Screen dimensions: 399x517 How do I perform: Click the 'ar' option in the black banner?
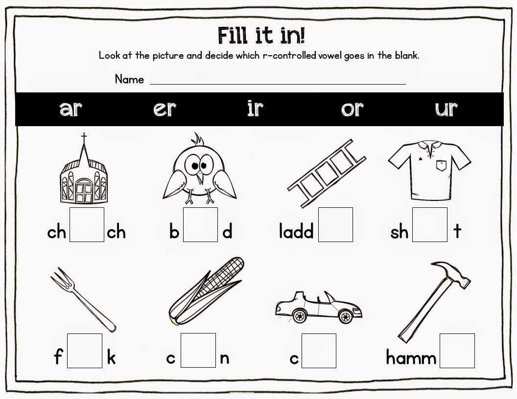click(x=70, y=109)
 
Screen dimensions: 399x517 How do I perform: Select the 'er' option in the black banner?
click(x=164, y=109)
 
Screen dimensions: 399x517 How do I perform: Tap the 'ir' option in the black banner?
click(x=255, y=108)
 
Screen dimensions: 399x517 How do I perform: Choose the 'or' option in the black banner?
click(x=352, y=109)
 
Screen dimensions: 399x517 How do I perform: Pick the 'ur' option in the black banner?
click(x=446, y=109)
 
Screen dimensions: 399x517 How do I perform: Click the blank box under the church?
click(x=87, y=225)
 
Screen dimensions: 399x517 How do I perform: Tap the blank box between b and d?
click(x=200, y=225)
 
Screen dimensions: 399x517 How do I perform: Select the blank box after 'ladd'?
click(x=335, y=225)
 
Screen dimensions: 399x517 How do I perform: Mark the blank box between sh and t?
click(x=429, y=225)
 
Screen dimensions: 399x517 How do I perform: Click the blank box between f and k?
click(x=85, y=351)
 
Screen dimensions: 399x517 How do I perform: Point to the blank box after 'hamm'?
click(x=457, y=351)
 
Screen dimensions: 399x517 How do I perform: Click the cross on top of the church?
click(x=84, y=137)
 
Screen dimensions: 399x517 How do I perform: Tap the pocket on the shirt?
click(x=442, y=165)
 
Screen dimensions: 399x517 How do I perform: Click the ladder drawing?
click(x=327, y=174)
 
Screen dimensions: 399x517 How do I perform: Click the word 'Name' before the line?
click(x=129, y=79)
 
